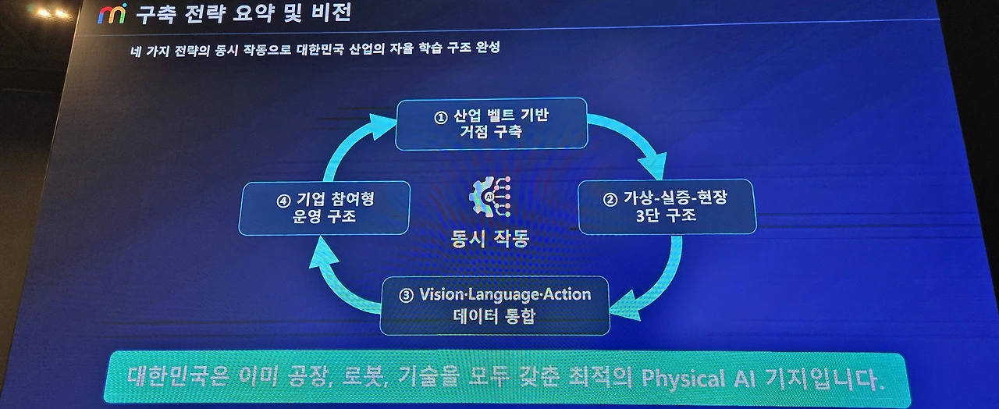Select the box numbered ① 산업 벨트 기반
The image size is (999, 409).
[x=491, y=123]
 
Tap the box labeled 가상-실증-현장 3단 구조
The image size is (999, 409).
[x=666, y=206]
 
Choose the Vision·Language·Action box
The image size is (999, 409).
[x=494, y=305]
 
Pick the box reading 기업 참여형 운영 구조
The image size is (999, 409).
[x=324, y=207]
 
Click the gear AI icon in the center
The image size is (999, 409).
[x=490, y=197]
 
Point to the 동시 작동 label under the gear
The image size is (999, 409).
[x=490, y=238]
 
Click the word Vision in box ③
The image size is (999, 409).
[x=443, y=295]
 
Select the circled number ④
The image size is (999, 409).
[x=283, y=200]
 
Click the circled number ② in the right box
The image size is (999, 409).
[x=610, y=199]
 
